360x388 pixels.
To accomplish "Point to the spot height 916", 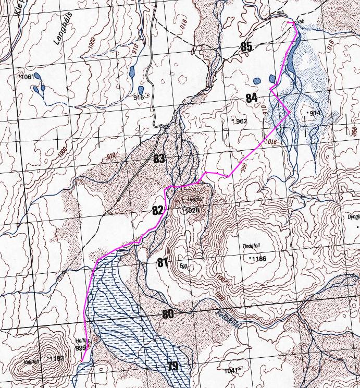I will (138, 98).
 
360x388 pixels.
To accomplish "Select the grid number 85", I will (246, 47).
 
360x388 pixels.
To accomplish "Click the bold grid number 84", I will (251, 98).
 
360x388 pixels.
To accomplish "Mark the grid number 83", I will (159, 159).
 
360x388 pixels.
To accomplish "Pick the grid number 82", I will (157, 210).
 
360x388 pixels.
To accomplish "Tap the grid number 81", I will (163, 263).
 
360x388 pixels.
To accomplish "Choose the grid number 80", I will (168, 314).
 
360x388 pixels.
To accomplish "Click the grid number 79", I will (173, 366).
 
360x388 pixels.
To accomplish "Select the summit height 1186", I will (258, 259).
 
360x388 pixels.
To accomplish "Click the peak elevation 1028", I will (192, 211).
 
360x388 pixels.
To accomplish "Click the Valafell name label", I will (31, 358).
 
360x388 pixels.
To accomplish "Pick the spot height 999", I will (80, 348).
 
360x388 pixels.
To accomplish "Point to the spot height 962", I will (241, 121).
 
